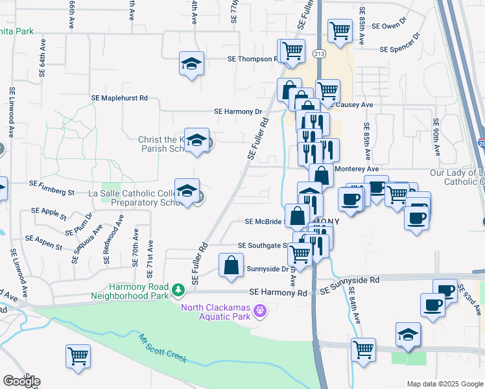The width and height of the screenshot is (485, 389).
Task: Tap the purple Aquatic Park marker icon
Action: point(261,311)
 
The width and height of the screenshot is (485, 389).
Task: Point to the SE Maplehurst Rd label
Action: point(120,97)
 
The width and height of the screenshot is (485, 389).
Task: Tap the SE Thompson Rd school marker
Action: point(191,64)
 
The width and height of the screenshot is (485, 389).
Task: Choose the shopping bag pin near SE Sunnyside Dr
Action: point(231,265)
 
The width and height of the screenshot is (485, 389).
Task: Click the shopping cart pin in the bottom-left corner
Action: point(78,356)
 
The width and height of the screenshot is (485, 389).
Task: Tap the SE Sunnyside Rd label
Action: point(349,280)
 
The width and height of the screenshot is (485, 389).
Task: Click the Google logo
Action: point(21,381)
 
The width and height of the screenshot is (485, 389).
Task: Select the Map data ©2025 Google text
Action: point(444,384)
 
